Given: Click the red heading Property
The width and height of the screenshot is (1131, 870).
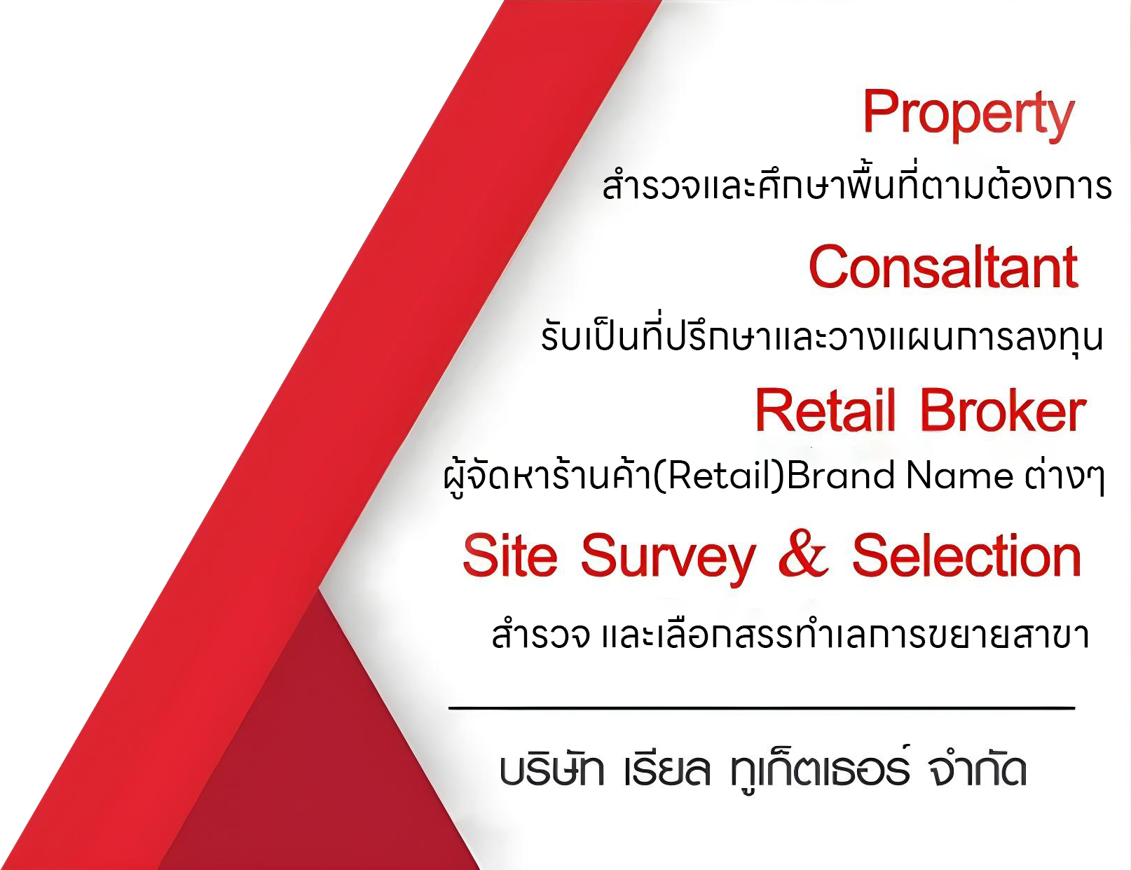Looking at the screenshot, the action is click(x=968, y=115).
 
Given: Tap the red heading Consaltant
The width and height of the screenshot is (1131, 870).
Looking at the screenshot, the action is click(x=944, y=268).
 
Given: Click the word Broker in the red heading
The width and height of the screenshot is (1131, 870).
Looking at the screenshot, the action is click(x=1003, y=410).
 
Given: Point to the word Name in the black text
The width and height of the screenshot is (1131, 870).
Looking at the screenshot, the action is click(x=960, y=478).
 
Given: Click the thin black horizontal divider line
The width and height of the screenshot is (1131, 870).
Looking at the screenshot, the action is click(x=762, y=708).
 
